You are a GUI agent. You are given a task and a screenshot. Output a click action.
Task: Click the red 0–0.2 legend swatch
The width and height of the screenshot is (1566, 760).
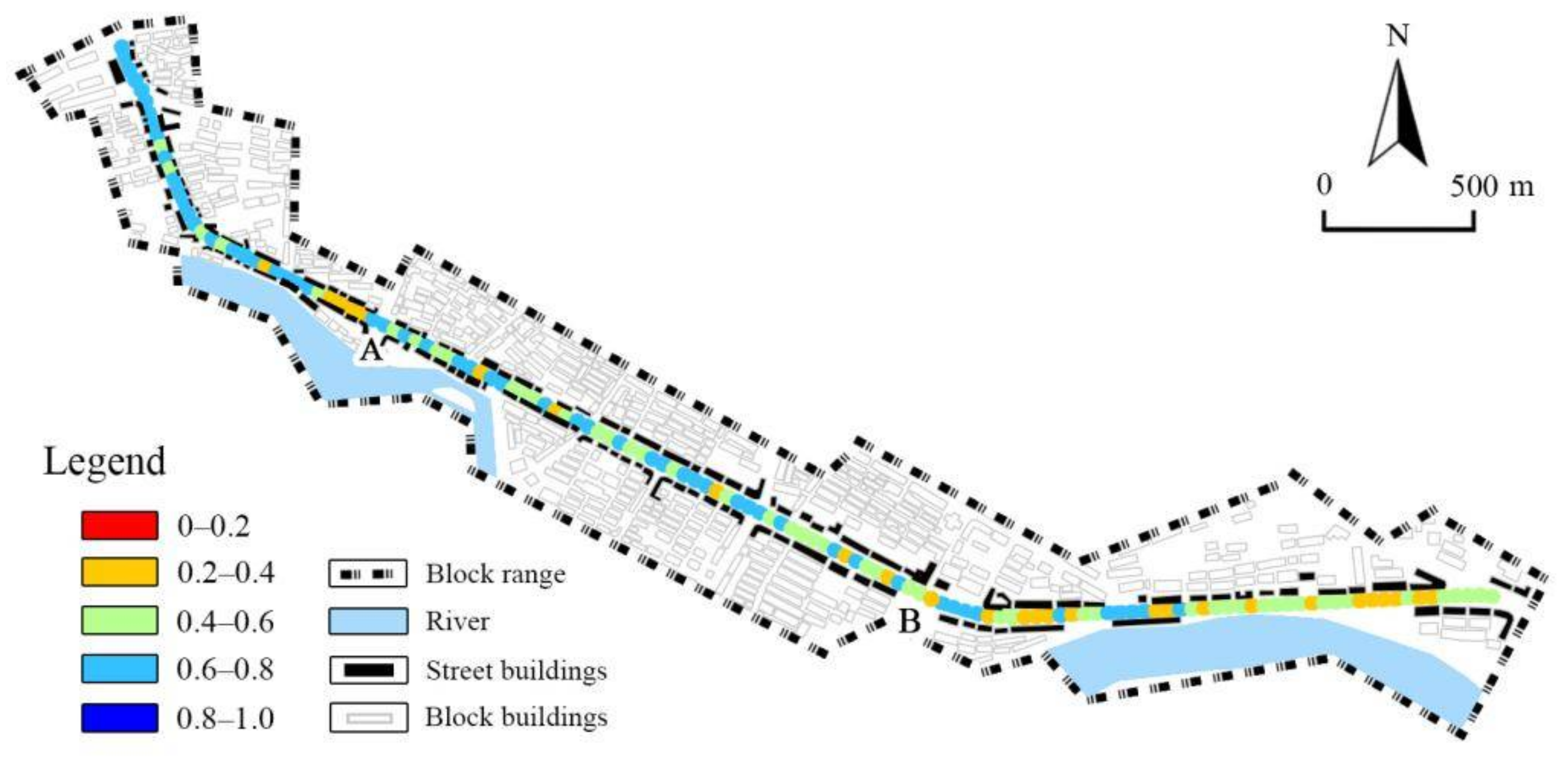pos(120,525)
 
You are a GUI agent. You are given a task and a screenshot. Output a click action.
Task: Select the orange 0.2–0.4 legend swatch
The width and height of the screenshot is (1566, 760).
pos(120,573)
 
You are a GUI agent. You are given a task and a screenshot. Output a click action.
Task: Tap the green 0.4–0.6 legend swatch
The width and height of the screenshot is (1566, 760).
pos(120,621)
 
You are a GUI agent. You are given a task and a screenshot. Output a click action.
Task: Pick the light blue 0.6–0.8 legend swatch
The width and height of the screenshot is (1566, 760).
pos(120,669)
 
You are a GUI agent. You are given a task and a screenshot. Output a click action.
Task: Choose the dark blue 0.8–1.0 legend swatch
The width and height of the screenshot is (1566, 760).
pos(120,718)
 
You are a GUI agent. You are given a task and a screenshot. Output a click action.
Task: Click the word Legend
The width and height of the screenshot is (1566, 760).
pos(105,462)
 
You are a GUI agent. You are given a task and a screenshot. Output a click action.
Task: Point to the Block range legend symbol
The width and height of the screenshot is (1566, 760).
pos(368,573)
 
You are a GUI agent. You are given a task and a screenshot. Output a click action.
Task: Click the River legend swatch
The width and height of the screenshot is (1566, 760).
pos(368,621)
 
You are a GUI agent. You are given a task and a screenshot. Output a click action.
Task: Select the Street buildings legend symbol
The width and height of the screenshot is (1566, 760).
pos(368,670)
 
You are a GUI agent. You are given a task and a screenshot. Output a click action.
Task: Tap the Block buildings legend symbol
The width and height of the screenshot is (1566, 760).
pos(368,718)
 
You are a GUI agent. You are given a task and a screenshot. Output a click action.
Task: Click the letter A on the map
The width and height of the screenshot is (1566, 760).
pos(371,350)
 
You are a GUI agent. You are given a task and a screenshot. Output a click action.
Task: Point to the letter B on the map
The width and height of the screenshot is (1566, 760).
pos(909,621)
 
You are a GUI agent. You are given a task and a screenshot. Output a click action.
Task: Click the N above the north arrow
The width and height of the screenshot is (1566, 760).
pos(1398,36)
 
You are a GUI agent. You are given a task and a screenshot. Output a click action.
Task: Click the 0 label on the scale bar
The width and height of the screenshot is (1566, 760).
pos(1324,184)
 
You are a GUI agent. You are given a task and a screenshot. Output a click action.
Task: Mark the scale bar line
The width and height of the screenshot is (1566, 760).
pos(1398,229)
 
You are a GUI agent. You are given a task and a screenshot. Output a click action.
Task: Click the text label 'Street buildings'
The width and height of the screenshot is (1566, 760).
pos(516,671)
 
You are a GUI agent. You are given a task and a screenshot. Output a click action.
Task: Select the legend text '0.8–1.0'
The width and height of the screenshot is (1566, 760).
pos(225,719)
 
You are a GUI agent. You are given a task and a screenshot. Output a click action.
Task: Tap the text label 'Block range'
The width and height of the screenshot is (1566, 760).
pos(496,574)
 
